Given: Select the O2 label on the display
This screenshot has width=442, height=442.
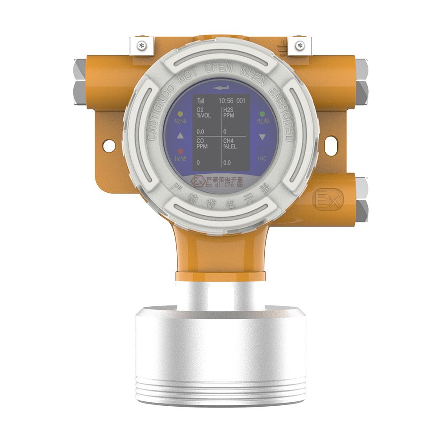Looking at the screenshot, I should [x=200, y=110].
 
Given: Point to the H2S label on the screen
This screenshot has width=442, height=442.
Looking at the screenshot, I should [x=228, y=110].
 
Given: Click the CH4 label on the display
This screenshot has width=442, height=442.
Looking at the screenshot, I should [x=229, y=141].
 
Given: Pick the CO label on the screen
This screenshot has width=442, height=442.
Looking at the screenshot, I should [x=200, y=141].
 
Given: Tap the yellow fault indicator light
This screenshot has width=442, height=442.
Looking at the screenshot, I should [x=180, y=114].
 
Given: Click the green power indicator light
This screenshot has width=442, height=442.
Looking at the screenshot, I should [x=262, y=114].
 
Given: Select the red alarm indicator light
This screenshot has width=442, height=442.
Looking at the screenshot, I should [x=180, y=151].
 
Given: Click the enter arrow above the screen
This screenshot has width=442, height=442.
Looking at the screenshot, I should [x=221, y=88].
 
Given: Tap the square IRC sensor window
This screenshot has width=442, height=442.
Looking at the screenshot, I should [x=262, y=151].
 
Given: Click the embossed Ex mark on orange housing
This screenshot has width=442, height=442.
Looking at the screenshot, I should [x=327, y=200].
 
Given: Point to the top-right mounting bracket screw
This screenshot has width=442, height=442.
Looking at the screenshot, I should [x=300, y=44].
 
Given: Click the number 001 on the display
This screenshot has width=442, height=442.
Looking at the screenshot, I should [x=241, y=101].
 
